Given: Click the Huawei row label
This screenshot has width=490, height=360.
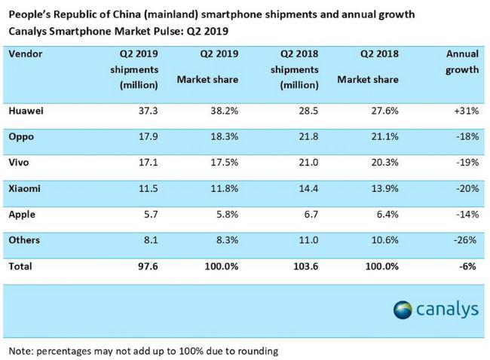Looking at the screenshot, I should point(26,111).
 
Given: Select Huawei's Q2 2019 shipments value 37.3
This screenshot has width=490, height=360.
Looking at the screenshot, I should point(146,111).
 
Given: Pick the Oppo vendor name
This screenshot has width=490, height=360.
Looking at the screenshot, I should point(22,136).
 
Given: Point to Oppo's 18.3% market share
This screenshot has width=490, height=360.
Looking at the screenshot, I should point(224,136).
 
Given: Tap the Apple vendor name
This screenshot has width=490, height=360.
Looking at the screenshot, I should point(23,215).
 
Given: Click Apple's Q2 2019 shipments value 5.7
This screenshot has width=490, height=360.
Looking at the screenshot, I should point(149,215).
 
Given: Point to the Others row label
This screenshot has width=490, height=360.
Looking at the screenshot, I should point(25,240).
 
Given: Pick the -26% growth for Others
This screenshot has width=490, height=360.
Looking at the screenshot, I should point(466,240).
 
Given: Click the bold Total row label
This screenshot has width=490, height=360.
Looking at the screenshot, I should point(21,266).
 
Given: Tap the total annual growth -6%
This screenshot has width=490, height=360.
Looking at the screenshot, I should point(469,266).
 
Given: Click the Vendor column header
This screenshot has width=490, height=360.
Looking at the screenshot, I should point(26,54).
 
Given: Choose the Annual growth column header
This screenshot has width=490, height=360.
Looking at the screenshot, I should point(461,62).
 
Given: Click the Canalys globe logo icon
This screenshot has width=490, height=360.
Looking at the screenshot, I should point(403,310).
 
